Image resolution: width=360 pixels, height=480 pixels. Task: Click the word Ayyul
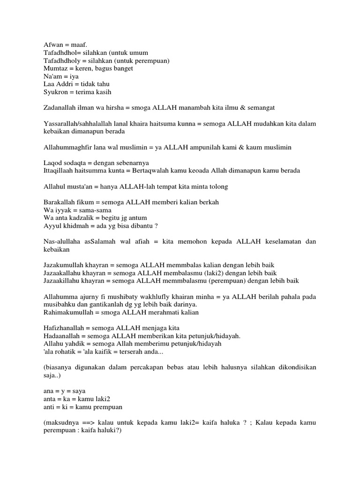point(52,225)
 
